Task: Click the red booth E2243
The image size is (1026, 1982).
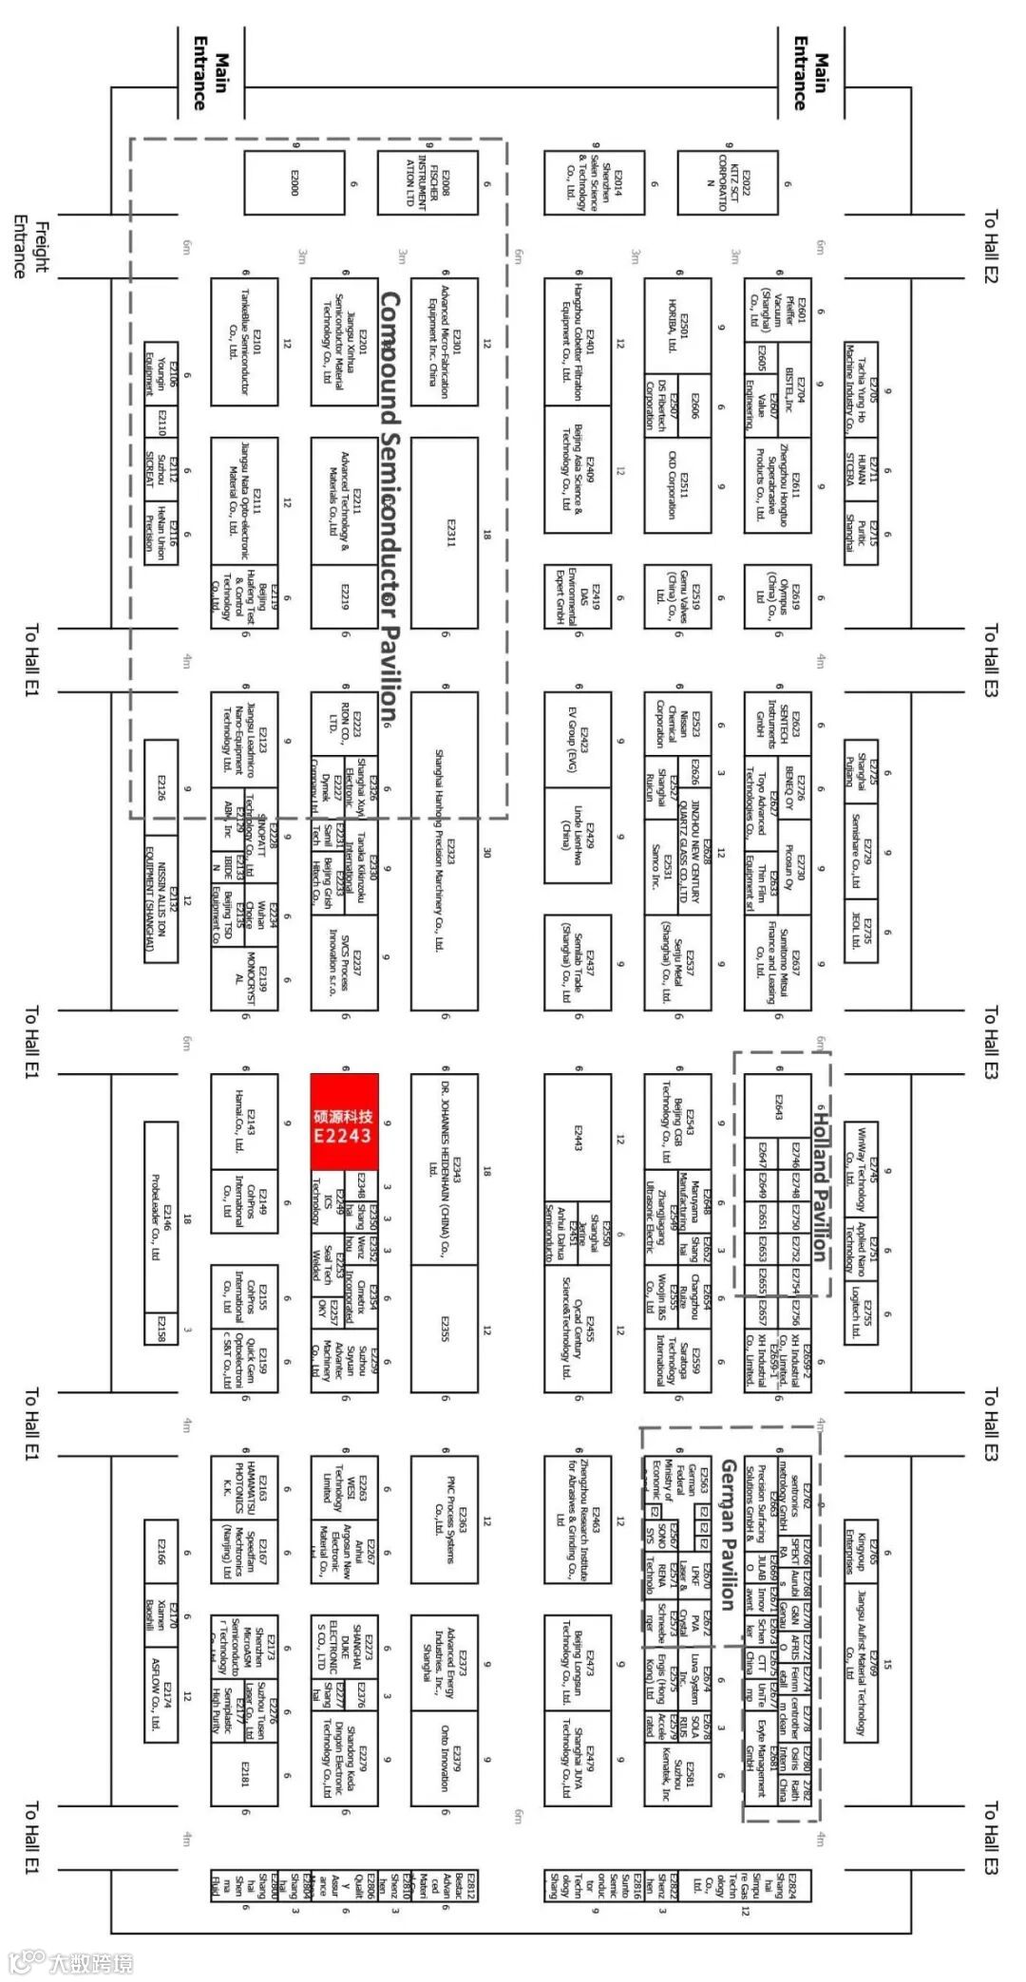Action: pyautogui.click(x=344, y=1122)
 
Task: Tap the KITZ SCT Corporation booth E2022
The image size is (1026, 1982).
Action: pyautogui.click(x=727, y=182)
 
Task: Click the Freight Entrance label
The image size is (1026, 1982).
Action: pyautogui.click(x=30, y=249)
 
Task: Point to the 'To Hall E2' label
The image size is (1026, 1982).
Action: pyautogui.click(x=991, y=247)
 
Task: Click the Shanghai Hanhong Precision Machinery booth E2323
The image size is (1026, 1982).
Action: pyautogui.click(x=445, y=850)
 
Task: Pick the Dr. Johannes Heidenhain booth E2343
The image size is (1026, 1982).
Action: pyautogui.click(x=445, y=1169)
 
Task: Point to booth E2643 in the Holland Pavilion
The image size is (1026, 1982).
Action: pyautogui.click(x=778, y=1107)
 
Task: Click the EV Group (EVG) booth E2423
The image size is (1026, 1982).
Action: pyautogui.click(x=577, y=740)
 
